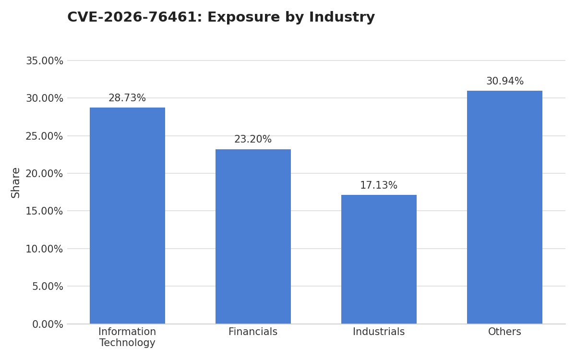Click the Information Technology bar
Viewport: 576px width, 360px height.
click(127, 216)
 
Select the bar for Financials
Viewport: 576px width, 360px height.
click(253, 236)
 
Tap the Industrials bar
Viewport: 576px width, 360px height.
click(379, 259)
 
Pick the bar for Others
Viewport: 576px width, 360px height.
click(504, 207)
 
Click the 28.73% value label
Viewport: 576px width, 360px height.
click(127, 98)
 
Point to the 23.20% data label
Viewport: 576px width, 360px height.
click(253, 139)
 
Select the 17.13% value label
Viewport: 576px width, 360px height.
click(379, 185)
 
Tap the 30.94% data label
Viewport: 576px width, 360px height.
click(505, 81)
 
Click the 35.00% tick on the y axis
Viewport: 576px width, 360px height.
click(45, 61)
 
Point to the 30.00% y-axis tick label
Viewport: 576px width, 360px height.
click(45, 98)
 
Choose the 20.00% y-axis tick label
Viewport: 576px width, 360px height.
click(44, 174)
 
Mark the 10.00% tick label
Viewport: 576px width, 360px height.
click(44, 249)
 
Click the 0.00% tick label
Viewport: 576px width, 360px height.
click(48, 324)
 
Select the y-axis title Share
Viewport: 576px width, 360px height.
click(15, 183)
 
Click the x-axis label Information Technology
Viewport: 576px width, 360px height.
click(127, 337)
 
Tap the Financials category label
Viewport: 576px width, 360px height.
click(253, 332)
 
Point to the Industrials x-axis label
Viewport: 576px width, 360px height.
click(379, 332)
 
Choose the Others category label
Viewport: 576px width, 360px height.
click(504, 332)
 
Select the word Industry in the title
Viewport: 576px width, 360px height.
click(342, 18)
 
